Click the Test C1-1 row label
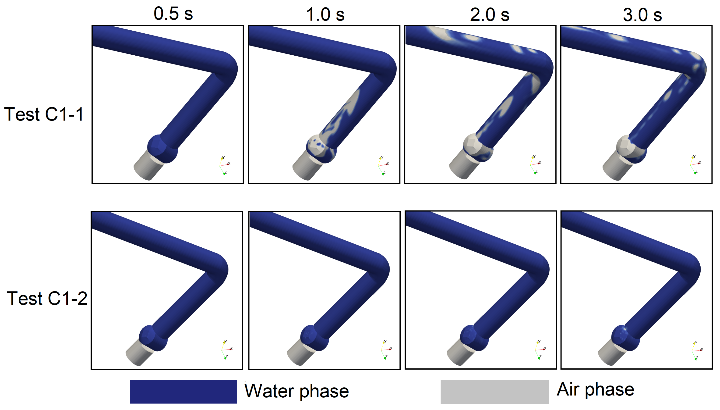click(x=44, y=114)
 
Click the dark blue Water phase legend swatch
click(x=183, y=392)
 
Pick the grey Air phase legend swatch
click(x=494, y=392)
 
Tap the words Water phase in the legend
click(x=296, y=391)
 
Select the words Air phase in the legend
click(x=595, y=390)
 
